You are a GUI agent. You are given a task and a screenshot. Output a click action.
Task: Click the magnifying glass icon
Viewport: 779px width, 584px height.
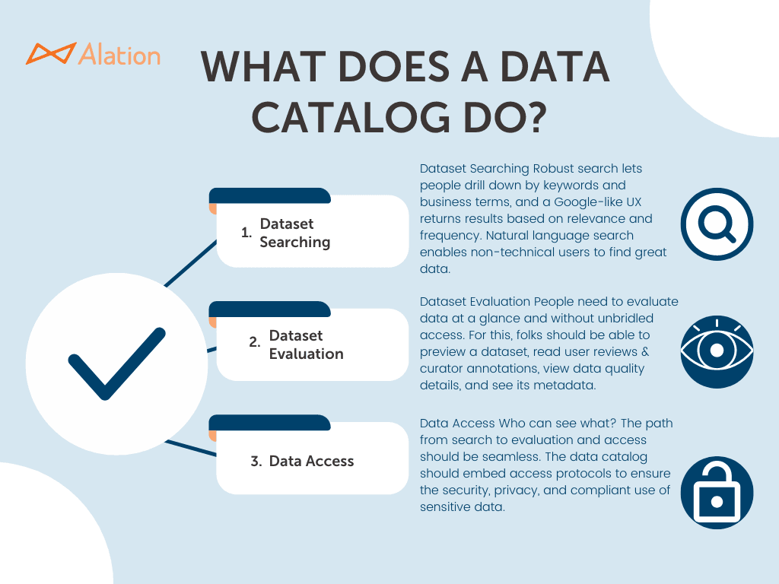(x=717, y=224)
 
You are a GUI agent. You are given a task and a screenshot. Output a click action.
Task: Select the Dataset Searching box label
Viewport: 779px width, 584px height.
(x=295, y=233)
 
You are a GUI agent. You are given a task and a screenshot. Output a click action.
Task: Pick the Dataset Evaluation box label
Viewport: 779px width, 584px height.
(x=306, y=344)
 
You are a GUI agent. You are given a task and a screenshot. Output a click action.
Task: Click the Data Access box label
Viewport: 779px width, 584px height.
(x=311, y=461)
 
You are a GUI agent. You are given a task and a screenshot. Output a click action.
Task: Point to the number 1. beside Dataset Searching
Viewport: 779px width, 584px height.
(x=246, y=233)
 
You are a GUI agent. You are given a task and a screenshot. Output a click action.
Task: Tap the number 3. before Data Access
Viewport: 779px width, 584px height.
(x=256, y=461)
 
